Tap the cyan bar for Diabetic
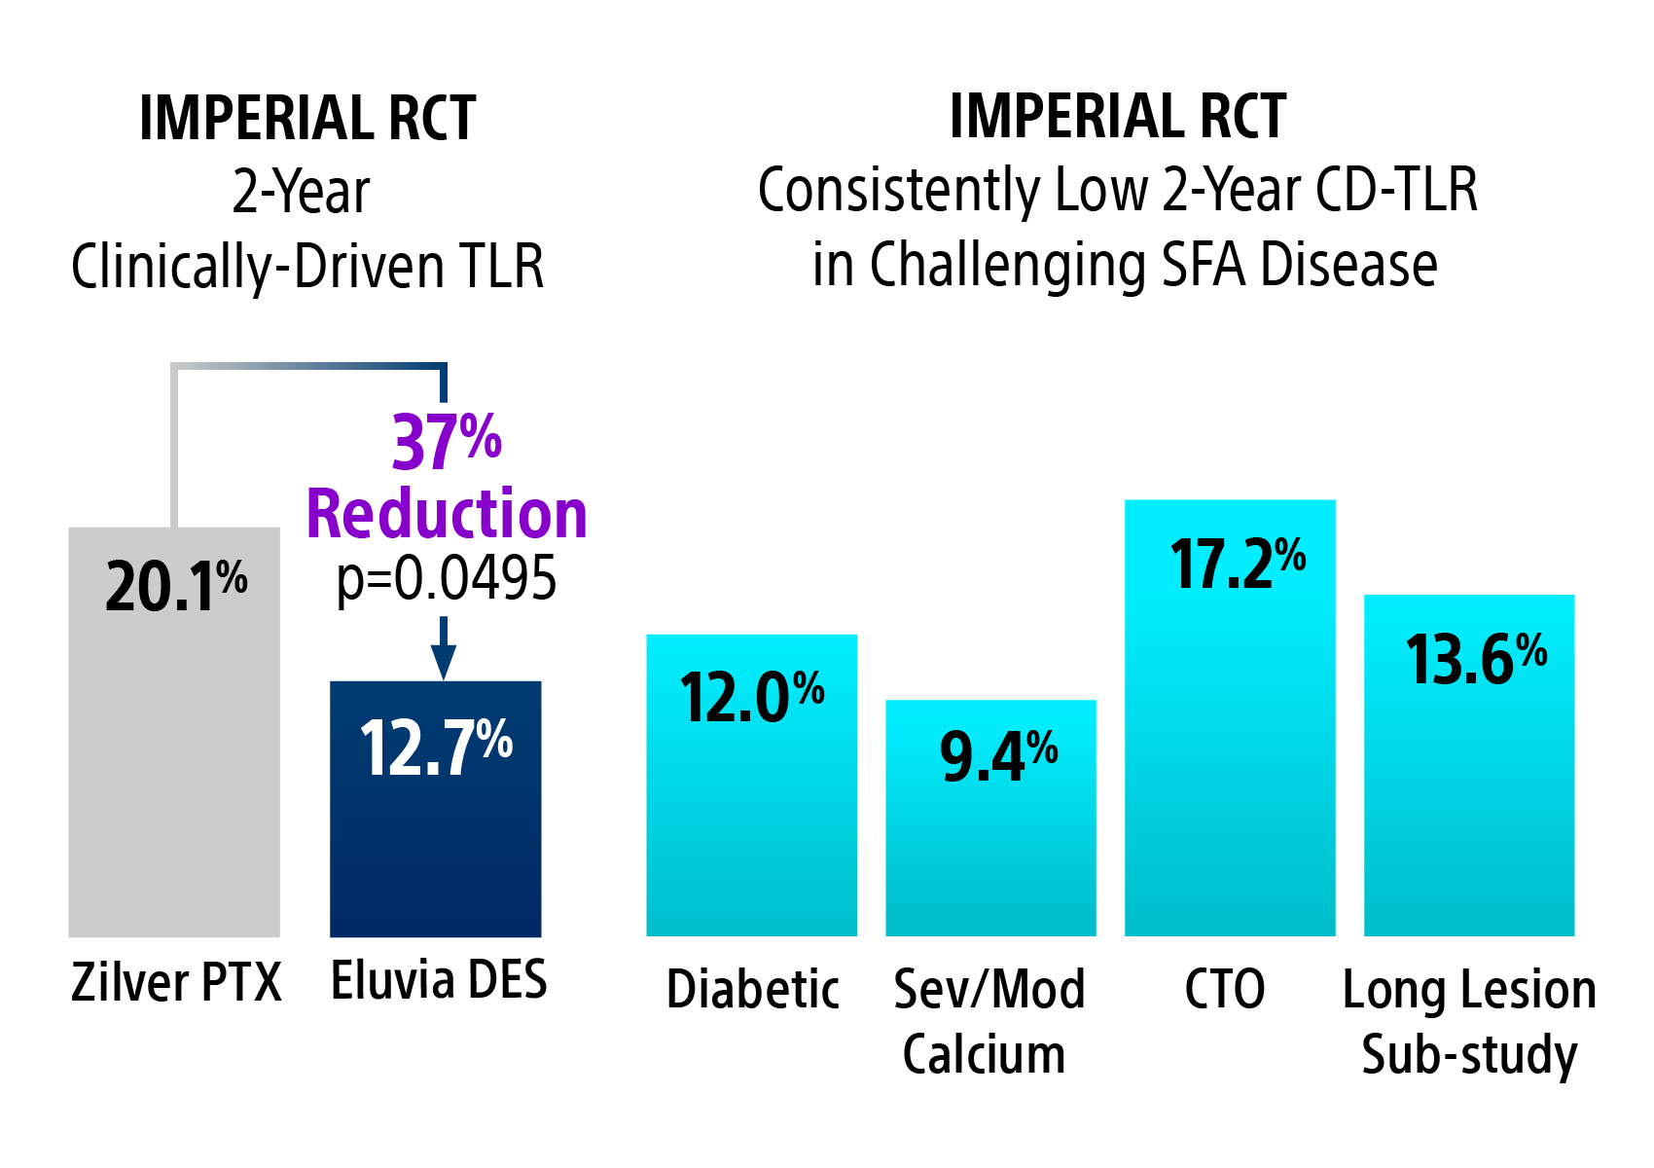[x=751, y=827]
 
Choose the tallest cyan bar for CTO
[x=1230, y=759]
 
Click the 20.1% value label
[x=176, y=587]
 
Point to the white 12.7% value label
[x=436, y=748]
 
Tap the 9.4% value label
[x=998, y=756]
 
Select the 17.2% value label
[x=1238, y=564]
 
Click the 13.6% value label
[x=1476, y=659]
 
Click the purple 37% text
[x=447, y=443]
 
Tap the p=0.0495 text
[x=447, y=578]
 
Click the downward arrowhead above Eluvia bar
[x=444, y=664]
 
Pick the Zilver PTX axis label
[x=176, y=982]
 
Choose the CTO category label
[x=1225, y=990]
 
